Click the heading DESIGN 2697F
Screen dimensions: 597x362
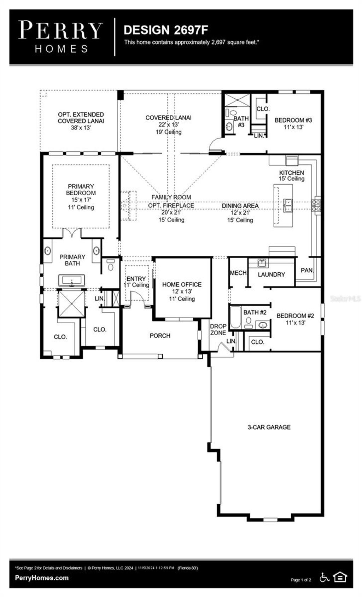tap(165, 30)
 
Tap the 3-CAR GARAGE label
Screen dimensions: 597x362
tap(269, 427)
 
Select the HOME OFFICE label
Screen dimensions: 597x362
tap(182, 284)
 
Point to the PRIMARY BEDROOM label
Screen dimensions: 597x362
tap(81, 190)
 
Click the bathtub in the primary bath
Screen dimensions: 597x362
tap(72, 281)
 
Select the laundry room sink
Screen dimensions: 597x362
tap(262, 263)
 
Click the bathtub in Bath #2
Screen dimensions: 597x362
tap(235, 318)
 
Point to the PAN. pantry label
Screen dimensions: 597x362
tap(307, 270)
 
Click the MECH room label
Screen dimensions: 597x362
tap(238, 273)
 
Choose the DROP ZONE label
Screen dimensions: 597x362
tap(218, 330)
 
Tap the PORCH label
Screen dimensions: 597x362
tap(160, 336)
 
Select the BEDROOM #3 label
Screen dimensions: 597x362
tap(293, 120)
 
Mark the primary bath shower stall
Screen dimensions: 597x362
tap(72, 303)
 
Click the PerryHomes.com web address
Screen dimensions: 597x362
tap(42, 578)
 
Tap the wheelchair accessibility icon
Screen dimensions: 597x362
tap(324, 578)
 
